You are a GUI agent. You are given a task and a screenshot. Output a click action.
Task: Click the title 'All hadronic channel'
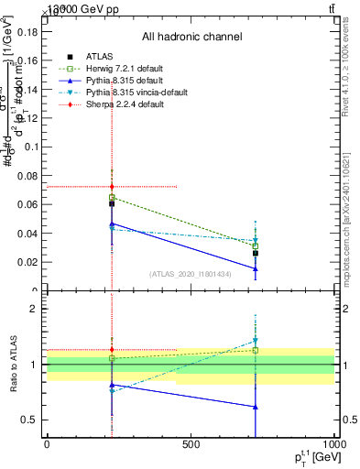click(191, 38)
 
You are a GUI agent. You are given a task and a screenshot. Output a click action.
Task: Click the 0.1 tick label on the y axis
click(29, 147)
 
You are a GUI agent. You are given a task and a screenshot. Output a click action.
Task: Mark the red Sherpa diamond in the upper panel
click(112, 187)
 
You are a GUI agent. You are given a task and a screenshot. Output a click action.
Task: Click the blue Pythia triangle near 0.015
click(256, 269)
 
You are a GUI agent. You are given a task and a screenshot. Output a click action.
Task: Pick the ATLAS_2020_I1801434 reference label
click(191, 273)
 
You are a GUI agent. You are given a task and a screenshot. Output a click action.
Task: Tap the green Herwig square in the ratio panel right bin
click(256, 350)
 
